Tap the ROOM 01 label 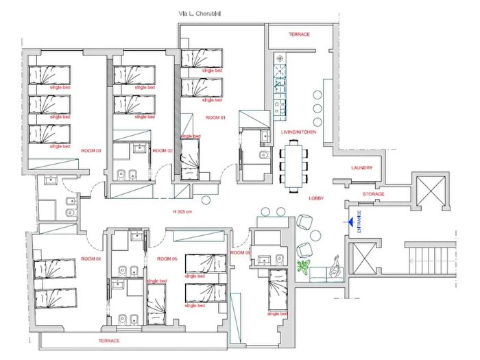215,118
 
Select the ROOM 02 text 161,150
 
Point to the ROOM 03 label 91,150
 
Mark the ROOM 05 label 167,259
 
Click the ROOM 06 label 239,252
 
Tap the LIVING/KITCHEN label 299,132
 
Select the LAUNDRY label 361,168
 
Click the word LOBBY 316,198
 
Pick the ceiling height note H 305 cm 183,211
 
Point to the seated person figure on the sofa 335,267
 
